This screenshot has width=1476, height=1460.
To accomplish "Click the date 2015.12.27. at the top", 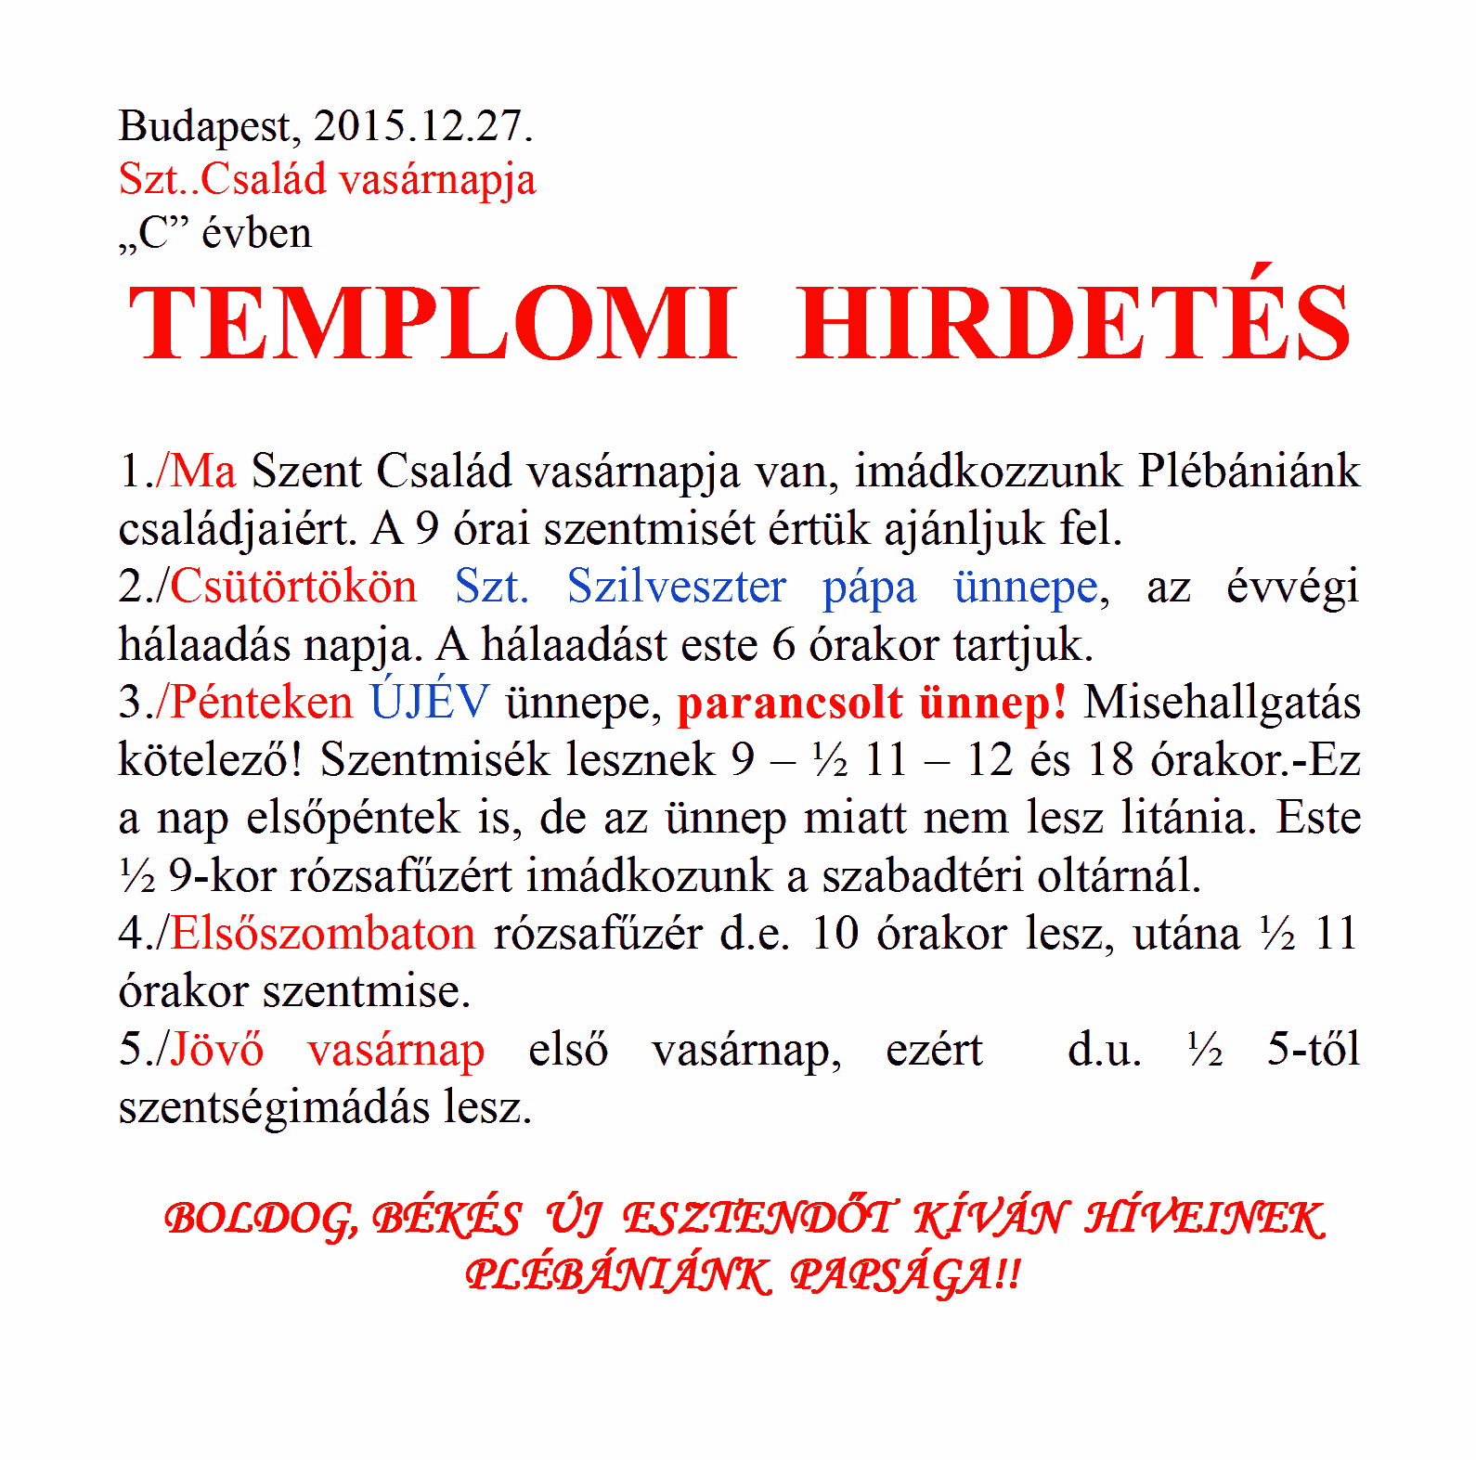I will pyautogui.click(x=423, y=125).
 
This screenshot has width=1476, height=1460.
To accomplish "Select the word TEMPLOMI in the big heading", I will pyautogui.click(x=433, y=322).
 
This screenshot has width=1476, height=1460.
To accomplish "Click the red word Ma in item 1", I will pyautogui.click(x=203, y=471).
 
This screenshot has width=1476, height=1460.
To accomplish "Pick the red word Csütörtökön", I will pyautogui.click(x=293, y=587).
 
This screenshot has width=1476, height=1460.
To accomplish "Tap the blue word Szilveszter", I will pyautogui.click(x=677, y=587).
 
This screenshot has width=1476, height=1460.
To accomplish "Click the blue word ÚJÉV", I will pyautogui.click(x=430, y=701).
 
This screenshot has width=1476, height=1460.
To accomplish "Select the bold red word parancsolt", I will pyautogui.click(x=790, y=703).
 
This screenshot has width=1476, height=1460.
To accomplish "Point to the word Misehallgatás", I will pyautogui.click(x=1222, y=703).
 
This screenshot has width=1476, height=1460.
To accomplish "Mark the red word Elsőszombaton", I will pyautogui.click(x=323, y=933).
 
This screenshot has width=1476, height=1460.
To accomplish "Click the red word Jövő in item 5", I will pyautogui.click(x=217, y=1049).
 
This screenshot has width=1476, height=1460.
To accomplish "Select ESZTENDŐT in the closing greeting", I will pyautogui.click(x=759, y=1218).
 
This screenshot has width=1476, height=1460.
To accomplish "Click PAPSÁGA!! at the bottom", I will pyautogui.click(x=905, y=1275).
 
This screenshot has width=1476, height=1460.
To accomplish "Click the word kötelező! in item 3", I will pyautogui.click(x=210, y=760).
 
